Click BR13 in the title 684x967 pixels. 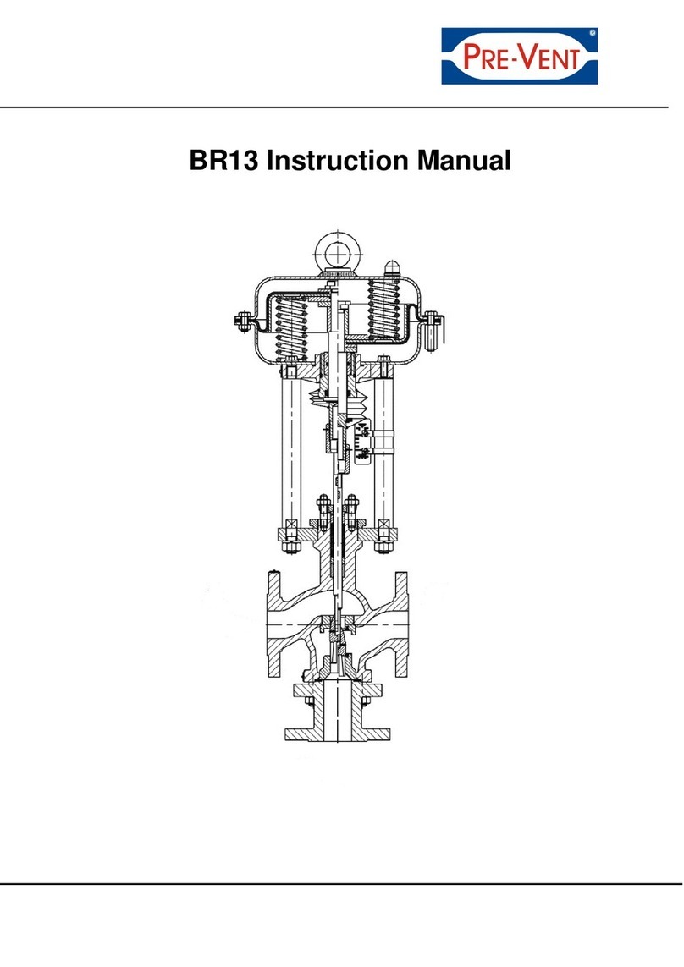(222, 160)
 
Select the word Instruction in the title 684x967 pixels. (339, 160)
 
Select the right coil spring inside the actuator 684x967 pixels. (383, 313)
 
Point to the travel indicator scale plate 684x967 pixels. (364, 444)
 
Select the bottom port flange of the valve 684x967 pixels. (339, 728)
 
